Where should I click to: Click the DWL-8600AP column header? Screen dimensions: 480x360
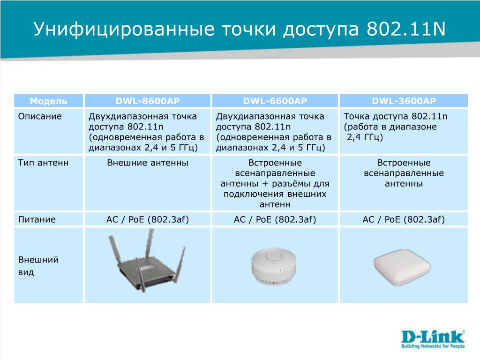tap(148, 101)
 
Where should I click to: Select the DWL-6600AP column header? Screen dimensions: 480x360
tap(275, 101)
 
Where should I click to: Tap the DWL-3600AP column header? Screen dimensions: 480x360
tap(404, 101)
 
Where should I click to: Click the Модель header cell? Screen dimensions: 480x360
tap(48, 101)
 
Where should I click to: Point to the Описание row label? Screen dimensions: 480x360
tap(40, 116)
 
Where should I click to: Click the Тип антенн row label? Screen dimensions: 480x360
tap(43, 163)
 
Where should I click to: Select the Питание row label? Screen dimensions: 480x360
tap(37, 219)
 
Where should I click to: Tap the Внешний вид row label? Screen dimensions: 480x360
tap(38, 266)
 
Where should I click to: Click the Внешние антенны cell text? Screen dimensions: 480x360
tap(148, 163)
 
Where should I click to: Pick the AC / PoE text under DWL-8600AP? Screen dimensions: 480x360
tap(148, 219)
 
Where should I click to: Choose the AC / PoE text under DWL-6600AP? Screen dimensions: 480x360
tap(275, 219)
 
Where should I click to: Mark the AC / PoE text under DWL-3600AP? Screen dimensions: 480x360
tap(404, 219)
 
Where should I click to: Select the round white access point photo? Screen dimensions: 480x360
tap(274, 267)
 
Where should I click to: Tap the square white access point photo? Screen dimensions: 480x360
tap(402, 267)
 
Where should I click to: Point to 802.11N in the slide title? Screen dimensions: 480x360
tap(406, 29)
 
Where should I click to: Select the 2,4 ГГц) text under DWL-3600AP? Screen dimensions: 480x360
tap(365, 137)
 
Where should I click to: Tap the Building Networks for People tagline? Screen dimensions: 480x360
tap(433, 346)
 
